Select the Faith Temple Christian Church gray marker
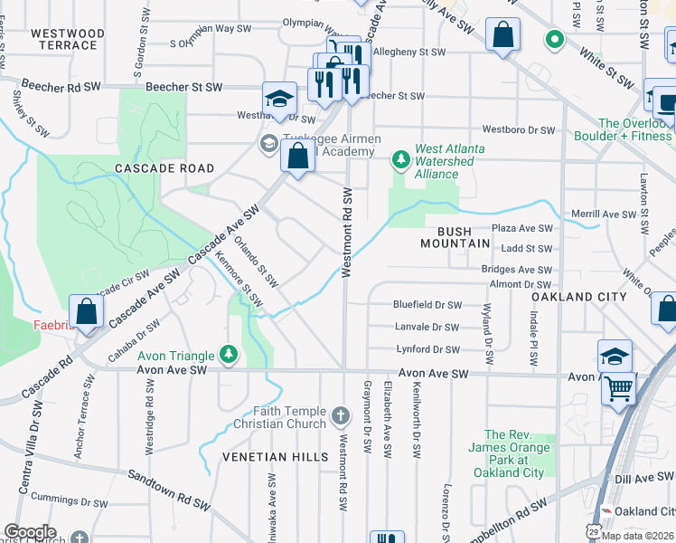click(340, 416)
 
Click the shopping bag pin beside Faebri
click(86, 312)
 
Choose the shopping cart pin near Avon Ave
click(619, 389)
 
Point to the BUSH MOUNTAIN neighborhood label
click(455, 237)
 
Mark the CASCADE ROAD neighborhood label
click(164, 168)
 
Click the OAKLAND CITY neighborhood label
click(578, 297)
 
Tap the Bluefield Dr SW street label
click(427, 305)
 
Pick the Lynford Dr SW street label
click(428, 349)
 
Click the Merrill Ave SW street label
click(630, 214)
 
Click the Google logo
click(30, 532)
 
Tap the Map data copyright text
click(637, 536)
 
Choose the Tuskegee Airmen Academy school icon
click(269, 143)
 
